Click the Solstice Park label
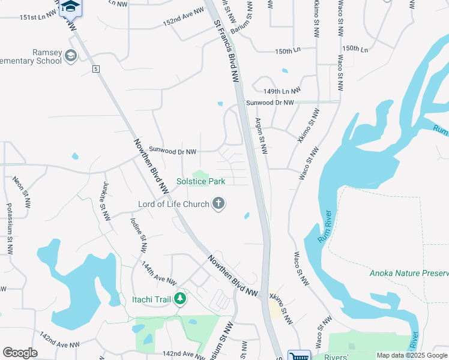[200, 181]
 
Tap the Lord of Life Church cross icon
[218, 205]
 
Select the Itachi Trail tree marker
[179, 298]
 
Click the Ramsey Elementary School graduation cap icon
[71, 56]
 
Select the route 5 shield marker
[95, 70]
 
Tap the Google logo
[20, 353]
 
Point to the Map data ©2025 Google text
[411, 356]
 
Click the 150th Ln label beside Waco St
[355, 48]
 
